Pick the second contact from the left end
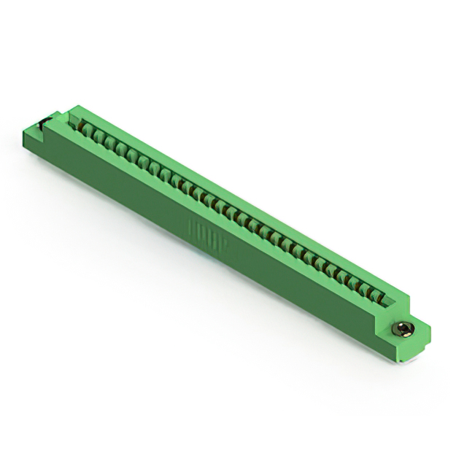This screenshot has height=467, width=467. (96, 136)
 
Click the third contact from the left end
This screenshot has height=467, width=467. (107, 142)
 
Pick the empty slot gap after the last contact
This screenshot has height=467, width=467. (390, 301)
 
